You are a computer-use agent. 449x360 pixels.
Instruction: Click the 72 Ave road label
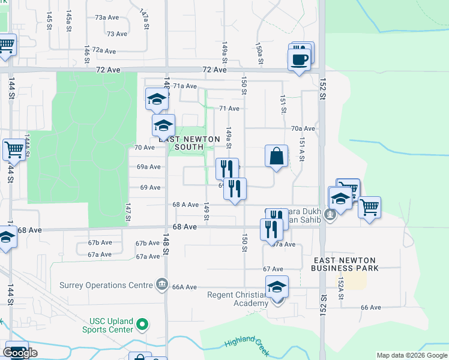click(108, 70)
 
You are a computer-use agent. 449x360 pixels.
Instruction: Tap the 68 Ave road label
click(184, 227)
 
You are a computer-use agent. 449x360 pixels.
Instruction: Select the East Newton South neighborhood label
click(185, 143)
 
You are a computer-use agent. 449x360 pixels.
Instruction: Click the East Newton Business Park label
click(345, 264)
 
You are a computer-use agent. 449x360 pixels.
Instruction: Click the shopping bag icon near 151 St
click(276, 156)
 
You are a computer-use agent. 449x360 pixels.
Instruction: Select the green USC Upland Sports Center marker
click(142, 325)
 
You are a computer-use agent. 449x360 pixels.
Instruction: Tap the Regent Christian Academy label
click(238, 299)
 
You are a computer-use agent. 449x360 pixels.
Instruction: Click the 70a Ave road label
click(303, 128)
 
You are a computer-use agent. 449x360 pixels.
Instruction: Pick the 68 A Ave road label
click(185, 205)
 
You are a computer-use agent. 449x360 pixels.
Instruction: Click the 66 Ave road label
click(370, 307)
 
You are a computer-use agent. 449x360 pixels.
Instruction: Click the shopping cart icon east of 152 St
click(369, 207)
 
